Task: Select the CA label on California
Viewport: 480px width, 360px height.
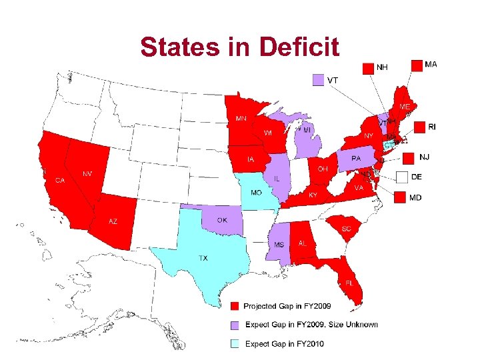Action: coord(60,181)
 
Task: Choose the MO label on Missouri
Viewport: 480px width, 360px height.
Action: coord(256,192)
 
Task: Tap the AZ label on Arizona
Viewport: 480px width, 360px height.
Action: coord(113,221)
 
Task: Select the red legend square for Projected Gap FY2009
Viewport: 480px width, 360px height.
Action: coord(235,306)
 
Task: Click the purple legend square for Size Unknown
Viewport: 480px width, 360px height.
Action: coord(235,325)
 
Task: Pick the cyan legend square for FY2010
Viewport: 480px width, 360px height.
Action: coord(235,344)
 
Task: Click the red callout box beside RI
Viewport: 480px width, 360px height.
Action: coord(419,127)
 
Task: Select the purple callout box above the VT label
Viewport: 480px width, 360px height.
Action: coord(319,79)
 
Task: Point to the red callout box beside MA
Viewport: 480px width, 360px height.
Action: coord(417,65)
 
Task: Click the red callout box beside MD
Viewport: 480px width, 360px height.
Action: coord(399,197)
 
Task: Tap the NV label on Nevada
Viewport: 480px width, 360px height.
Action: coord(87,173)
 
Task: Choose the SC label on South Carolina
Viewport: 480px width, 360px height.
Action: coord(346,229)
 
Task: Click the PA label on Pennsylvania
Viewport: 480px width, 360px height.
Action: coord(356,159)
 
